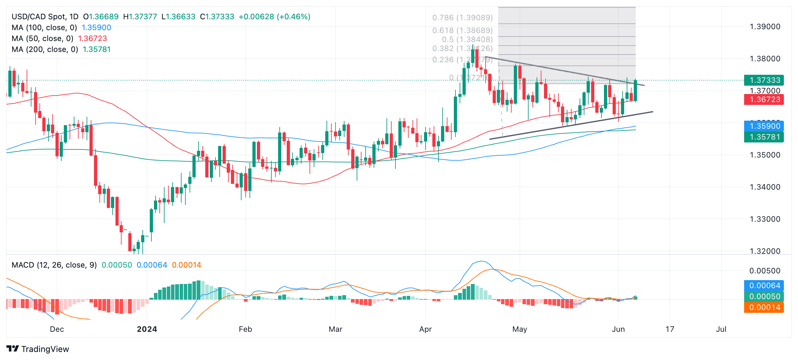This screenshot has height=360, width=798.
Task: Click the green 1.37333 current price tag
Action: [764, 80]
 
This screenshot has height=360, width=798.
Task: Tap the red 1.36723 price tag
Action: [764, 99]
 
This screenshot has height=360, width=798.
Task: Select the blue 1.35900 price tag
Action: [764, 126]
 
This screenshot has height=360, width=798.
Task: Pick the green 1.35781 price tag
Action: [764, 137]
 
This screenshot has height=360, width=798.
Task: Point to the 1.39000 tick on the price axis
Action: [765, 27]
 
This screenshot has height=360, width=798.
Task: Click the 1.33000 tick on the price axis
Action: [765, 219]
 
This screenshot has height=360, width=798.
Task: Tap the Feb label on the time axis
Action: [245, 329]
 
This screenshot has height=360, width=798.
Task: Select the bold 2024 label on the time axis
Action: [147, 329]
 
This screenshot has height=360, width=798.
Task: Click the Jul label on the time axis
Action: [721, 329]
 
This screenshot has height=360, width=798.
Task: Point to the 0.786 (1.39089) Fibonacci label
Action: [462, 18]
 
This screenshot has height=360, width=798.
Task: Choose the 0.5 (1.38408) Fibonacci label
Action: [467, 39]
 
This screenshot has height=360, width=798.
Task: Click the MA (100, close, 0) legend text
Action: [44, 28]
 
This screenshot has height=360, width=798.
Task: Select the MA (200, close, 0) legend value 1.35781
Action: [97, 49]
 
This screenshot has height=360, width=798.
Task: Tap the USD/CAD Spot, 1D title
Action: [45, 17]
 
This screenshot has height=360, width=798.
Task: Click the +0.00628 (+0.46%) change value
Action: [274, 17]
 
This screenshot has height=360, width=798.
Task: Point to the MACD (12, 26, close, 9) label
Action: [54, 265]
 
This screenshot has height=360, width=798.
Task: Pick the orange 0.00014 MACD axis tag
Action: [764, 307]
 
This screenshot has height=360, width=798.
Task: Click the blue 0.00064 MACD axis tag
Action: [764, 286]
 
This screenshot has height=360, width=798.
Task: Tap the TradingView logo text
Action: [45, 349]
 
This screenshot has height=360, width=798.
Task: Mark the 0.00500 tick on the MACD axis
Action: [765, 271]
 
